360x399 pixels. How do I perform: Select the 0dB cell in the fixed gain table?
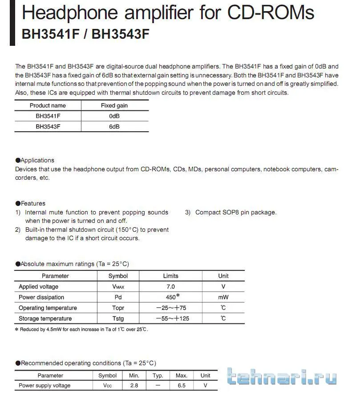[114, 116]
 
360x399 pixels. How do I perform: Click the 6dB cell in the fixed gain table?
[114, 127]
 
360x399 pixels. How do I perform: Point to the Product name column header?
[48, 105]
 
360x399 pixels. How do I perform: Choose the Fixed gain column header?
[114, 105]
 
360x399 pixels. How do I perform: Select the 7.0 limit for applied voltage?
[170, 287]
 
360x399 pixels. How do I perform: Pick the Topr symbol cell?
[118, 308]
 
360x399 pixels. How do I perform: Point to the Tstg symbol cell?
[118, 318]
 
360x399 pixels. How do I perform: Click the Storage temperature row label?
[45, 318]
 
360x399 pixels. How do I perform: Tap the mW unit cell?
[223, 297]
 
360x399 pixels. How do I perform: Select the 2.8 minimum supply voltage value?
[134, 386]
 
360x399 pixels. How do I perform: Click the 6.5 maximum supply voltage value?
[181, 386]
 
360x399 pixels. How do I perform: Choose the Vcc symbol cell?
[107, 386]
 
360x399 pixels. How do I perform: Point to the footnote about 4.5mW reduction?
[81, 330]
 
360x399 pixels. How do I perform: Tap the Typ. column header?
[158, 375]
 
